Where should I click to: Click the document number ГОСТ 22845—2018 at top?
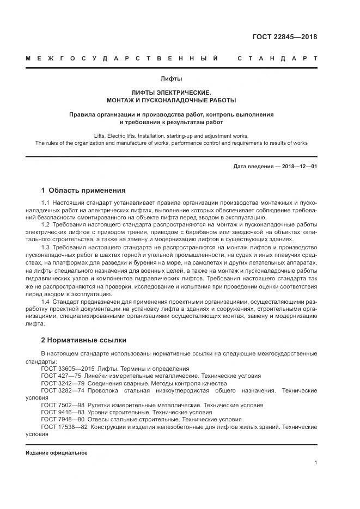[285, 37]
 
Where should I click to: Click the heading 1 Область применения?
[83, 191]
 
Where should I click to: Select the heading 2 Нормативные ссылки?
[84, 340]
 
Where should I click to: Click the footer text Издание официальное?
[56, 453]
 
